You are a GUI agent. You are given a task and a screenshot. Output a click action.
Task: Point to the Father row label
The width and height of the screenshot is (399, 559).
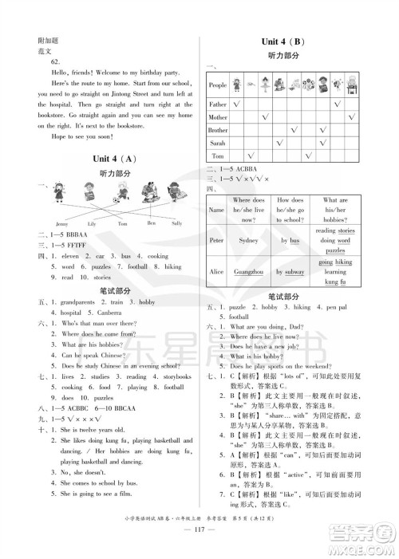(218, 104)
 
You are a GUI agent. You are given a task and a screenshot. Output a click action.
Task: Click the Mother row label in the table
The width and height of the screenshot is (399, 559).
(218, 116)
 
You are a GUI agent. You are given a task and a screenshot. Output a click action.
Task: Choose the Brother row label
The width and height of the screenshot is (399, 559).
(218, 129)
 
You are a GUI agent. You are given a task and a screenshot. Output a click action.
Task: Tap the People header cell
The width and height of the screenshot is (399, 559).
(218, 85)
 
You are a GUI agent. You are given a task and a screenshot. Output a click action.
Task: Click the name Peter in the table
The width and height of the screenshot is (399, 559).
(215, 239)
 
